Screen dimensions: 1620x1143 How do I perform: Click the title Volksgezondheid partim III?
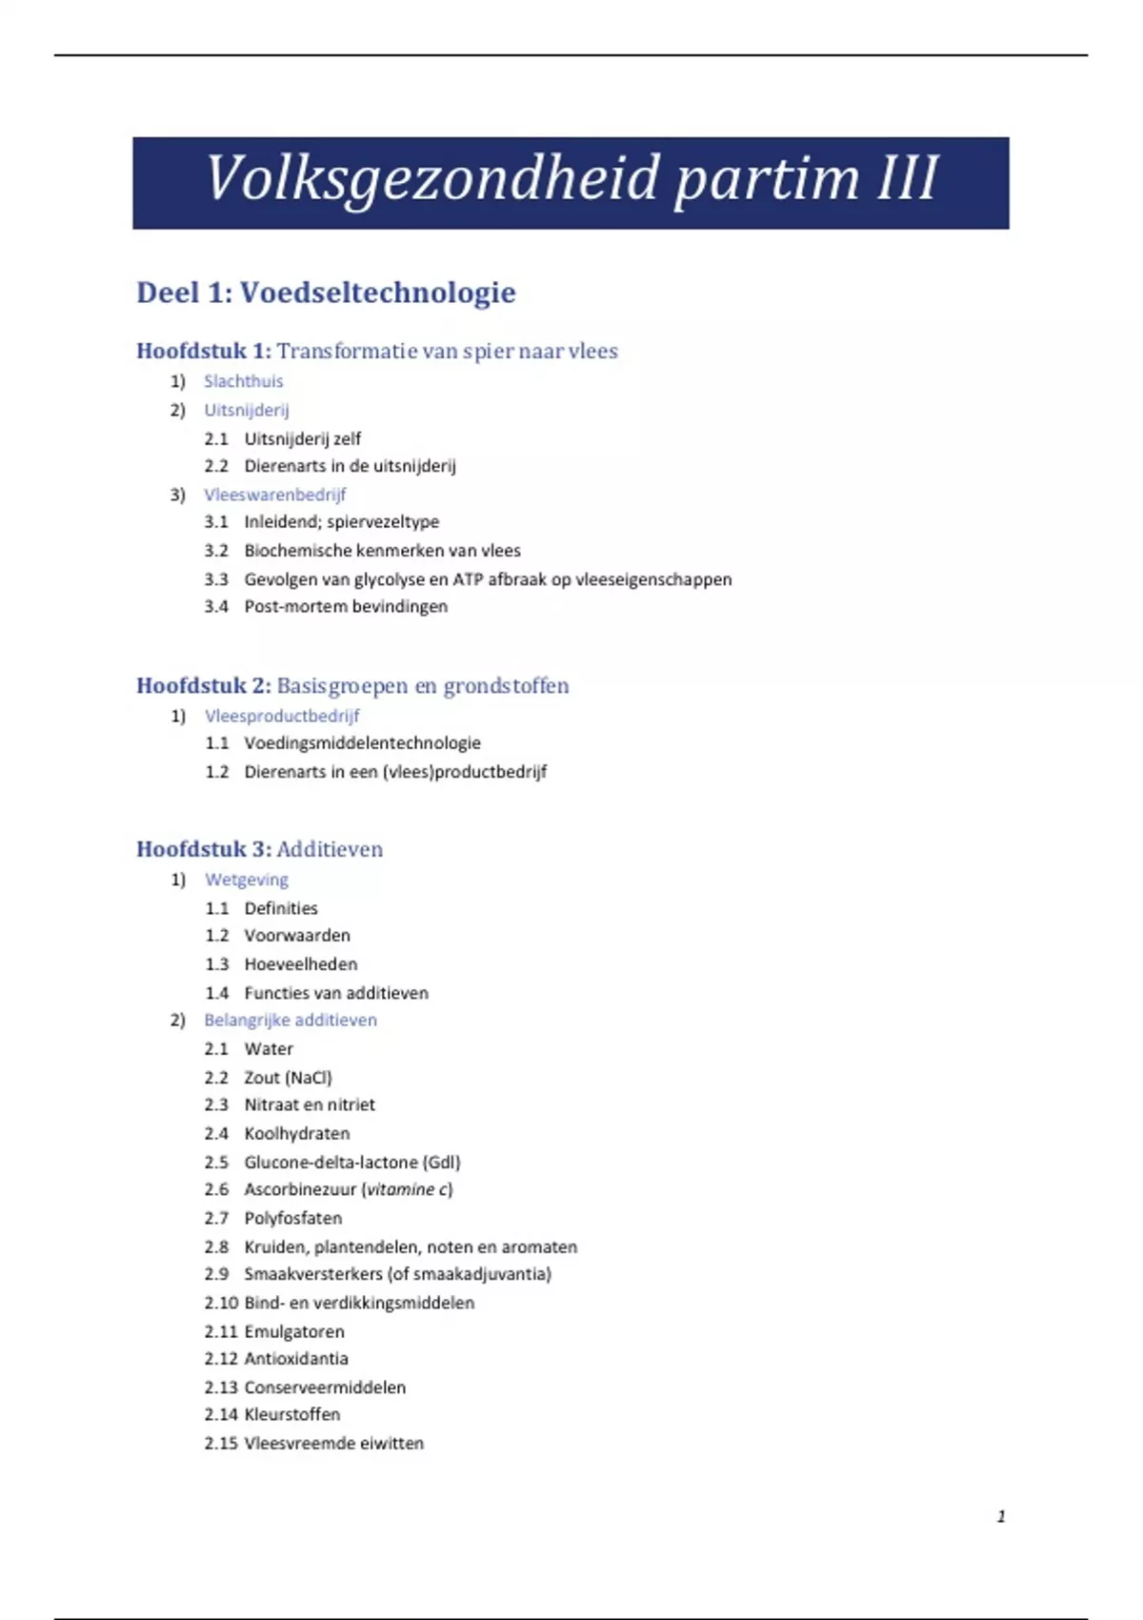(x=571, y=179)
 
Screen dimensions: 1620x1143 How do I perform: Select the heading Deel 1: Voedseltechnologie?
(x=326, y=293)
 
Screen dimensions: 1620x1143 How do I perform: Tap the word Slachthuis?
(x=243, y=381)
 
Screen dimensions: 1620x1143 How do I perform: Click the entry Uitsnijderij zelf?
(x=302, y=439)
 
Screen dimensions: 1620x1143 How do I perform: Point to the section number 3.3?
(x=216, y=579)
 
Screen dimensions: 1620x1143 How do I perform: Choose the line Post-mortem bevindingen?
(x=346, y=607)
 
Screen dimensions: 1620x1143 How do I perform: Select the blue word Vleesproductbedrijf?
(x=282, y=716)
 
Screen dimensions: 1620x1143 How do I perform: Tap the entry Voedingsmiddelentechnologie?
(x=362, y=743)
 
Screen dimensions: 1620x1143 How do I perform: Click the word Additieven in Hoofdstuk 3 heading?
(x=330, y=850)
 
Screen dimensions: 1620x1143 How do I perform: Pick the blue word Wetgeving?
(x=246, y=880)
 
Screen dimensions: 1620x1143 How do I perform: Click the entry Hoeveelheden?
(x=301, y=964)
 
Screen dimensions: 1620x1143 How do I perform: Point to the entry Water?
(x=269, y=1049)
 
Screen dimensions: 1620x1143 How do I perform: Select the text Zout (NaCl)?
(x=288, y=1078)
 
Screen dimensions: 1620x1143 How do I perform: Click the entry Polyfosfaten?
(x=292, y=1218)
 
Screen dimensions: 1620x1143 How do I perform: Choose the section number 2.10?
(x=221, y=1303)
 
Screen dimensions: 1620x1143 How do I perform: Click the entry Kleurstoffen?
(x=291, y=1415)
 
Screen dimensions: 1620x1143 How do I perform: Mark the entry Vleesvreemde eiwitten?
(x=333, y=1444)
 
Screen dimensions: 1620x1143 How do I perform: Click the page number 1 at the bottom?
(x=1001, y=1516)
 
